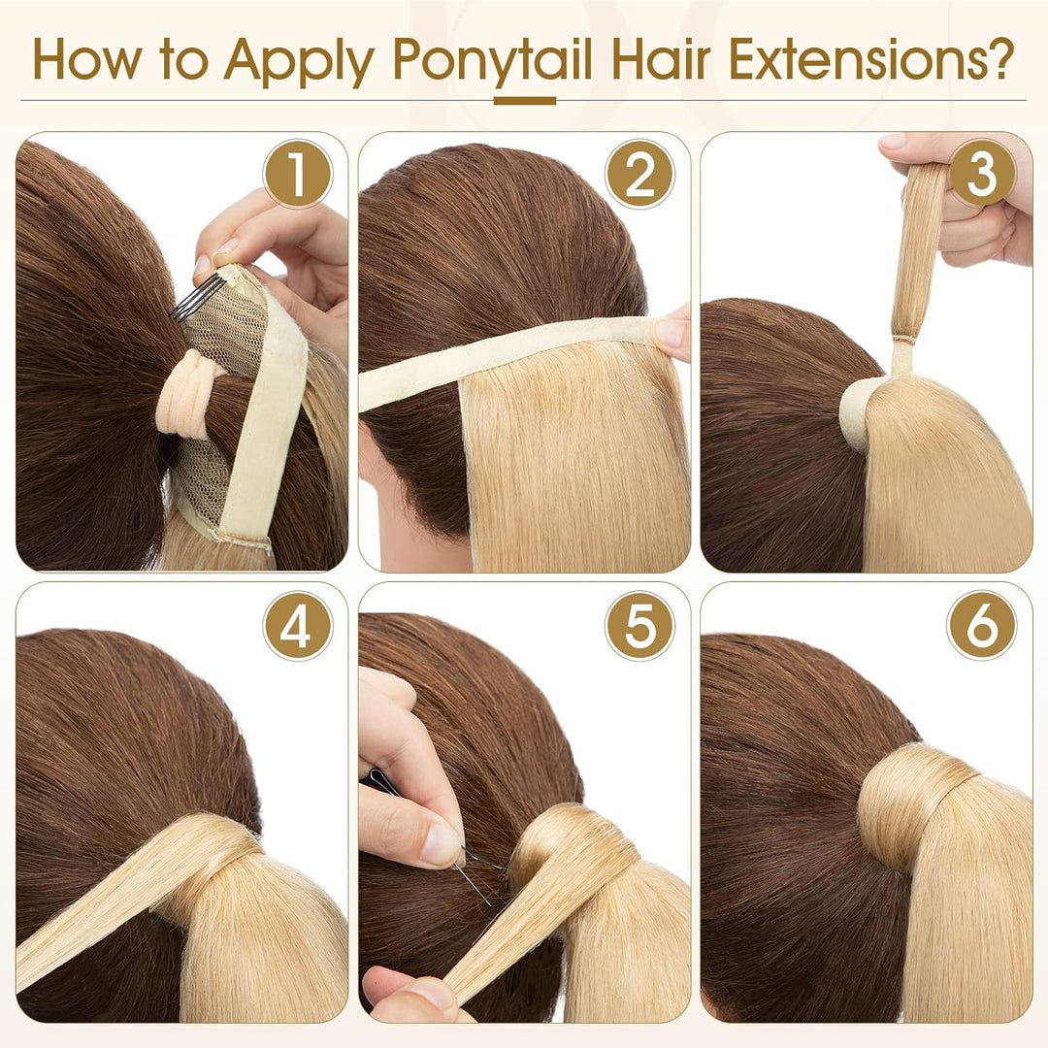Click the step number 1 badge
click(x=298, y=175)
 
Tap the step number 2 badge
click(x=639, y=175)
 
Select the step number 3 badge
click(x=982, y=175)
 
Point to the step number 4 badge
click(x=298, y=626)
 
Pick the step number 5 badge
click(x=639, y=626)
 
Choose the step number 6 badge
click(x=982, y=626)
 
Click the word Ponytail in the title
click(x=493, y=61)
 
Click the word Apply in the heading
click(x=299, y=61)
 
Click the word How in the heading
click(x=87, y=59)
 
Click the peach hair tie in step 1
click(x=188, y=394)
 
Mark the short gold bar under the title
click(x=525, y=101)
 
